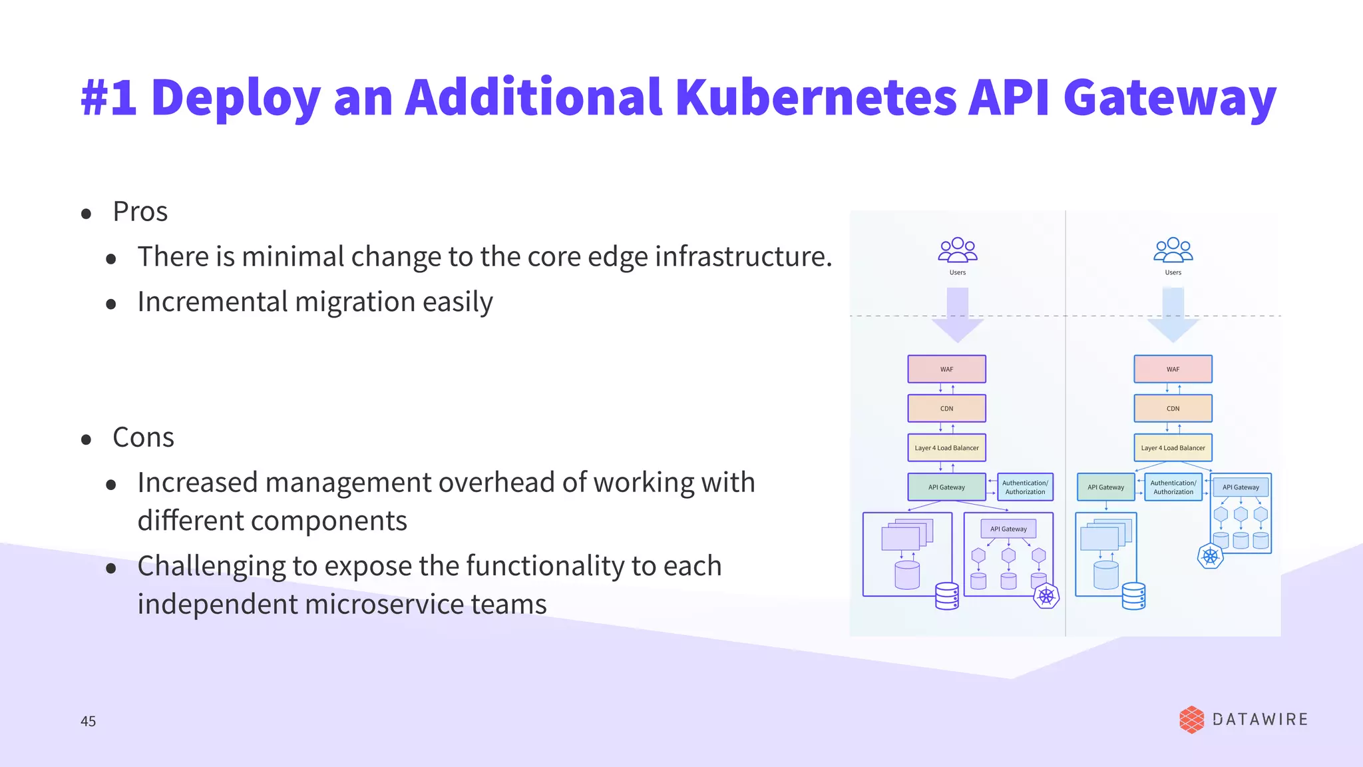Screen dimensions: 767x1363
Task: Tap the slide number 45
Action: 88,721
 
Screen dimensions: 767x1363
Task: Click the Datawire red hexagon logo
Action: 1191,720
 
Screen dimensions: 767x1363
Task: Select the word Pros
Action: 140,212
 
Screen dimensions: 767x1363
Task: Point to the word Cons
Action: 143,437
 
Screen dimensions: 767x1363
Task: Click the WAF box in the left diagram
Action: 946,370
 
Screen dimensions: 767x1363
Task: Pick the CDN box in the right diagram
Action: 1173,409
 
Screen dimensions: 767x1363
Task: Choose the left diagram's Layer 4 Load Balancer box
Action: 946,448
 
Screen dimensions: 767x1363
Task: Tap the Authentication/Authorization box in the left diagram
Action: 1025,487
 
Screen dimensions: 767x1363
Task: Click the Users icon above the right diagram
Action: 1173,250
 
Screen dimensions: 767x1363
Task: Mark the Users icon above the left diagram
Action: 958,250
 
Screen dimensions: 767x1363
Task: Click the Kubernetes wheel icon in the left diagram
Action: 1046,596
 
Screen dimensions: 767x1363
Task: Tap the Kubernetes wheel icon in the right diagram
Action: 1210,556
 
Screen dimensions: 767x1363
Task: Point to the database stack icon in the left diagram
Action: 946,597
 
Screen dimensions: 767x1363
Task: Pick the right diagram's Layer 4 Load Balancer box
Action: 1173,448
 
